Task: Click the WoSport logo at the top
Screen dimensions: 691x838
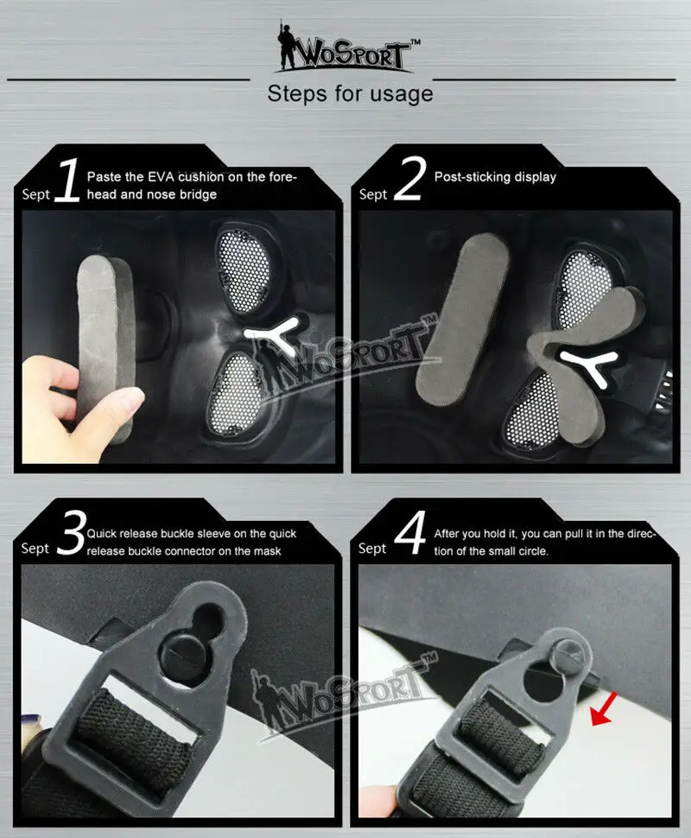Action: [x=347, y=48]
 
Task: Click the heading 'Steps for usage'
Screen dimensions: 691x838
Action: [x=350, y=94]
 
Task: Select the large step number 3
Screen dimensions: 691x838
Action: [x=71, y=532]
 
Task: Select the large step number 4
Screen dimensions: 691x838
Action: [x=410, y=533]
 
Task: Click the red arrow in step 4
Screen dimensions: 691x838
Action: [x=604, y=709]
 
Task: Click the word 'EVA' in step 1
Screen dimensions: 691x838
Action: [x=161, y=177]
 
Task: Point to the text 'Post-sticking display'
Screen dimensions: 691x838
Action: [x=495, y=177]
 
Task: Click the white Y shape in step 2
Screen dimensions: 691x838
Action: [x=589, y=366]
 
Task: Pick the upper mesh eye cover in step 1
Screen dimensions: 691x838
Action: [x=245, y=269]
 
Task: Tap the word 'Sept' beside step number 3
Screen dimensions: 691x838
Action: [x=35, y=549]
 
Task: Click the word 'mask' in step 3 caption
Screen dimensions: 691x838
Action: [x=268, y=551]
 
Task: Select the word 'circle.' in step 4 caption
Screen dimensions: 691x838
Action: [x=530, y=551]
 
